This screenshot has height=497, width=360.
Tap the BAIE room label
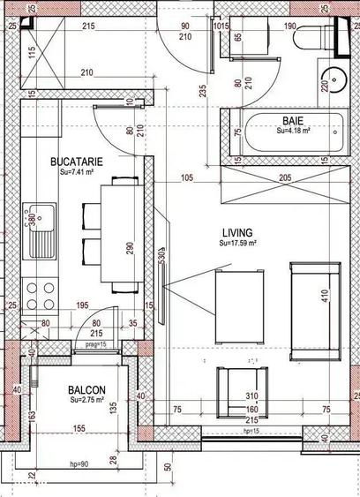point(294,120)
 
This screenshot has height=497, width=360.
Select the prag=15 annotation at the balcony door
point(95,345)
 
